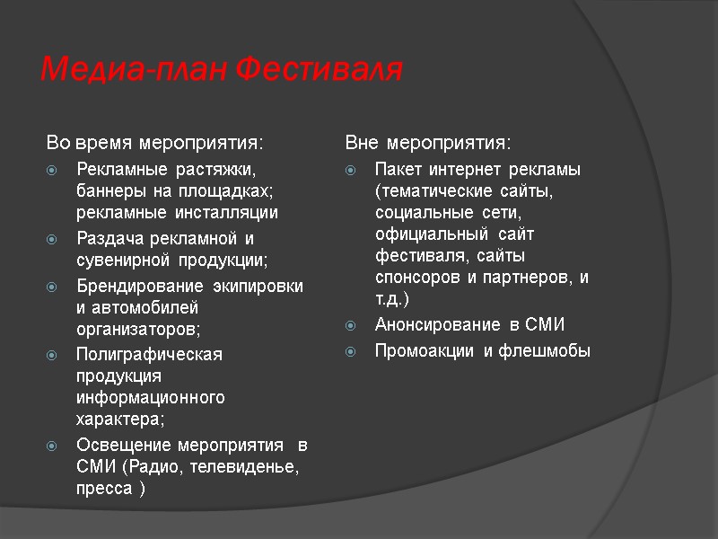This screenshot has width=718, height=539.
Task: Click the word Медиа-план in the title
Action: (x=134, y=68)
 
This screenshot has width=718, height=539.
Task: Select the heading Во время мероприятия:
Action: (x=155, y=143)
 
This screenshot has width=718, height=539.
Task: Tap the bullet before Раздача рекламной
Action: (x=55, y=239)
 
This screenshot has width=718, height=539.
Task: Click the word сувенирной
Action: (x=119, y=261)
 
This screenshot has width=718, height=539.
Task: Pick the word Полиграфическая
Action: (x=149, y=354)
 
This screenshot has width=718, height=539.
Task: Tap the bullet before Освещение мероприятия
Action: (x=55, y=446)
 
